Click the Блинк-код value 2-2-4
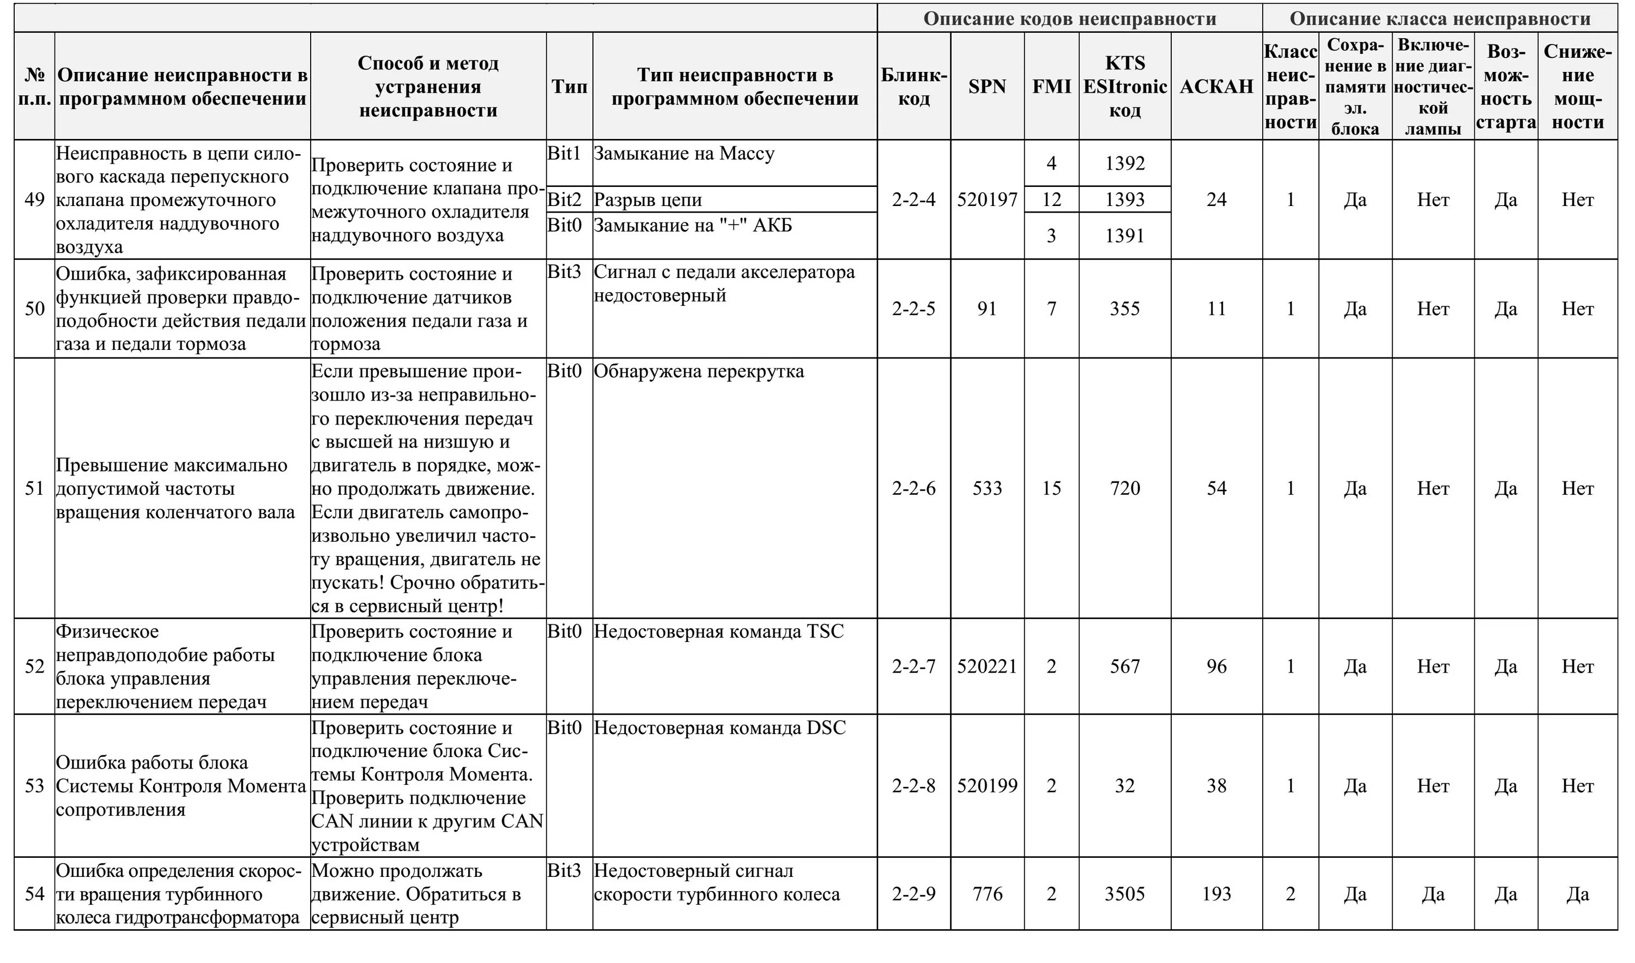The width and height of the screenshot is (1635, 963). pos(913,200)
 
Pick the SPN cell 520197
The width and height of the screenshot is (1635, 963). pos(987,200)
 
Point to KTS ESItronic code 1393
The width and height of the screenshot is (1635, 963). pos(1124,200)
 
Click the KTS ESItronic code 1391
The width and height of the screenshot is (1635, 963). pos(1124,235)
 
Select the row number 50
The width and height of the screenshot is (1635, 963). pos(34,309)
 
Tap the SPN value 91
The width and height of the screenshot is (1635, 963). pos(987,309)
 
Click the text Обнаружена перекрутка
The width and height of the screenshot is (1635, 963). pos(699,372)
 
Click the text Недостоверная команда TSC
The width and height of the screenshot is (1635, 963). pos(719,632)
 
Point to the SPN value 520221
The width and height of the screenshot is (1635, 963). pos(987,667)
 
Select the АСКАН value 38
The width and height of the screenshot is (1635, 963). pos(1216,786)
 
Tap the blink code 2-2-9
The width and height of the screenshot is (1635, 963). pos(913,895)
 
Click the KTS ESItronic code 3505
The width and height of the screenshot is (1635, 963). pos(1124,895)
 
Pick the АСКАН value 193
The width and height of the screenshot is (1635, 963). pos(1216,895)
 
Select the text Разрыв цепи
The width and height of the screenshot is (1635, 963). pos(647,200)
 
